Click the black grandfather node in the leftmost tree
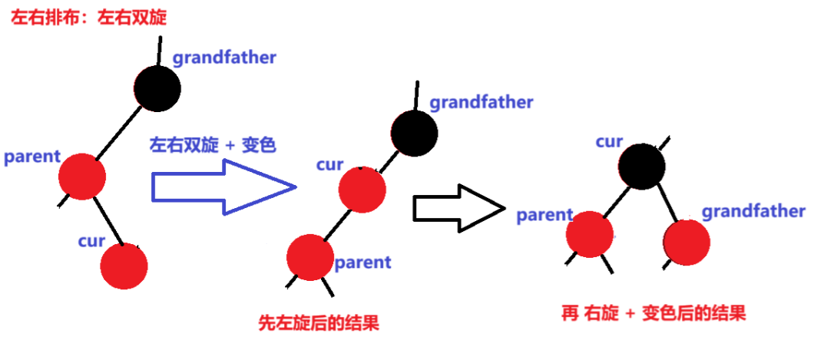pyautogui.click(x=157, y=88)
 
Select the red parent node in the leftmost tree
pyautogui.click(x=81, y=176)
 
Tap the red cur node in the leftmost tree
pyautogui.click(x=124, y=266)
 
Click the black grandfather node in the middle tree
pyautogui.click(x=414, y=133)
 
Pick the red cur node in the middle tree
pyautogui.click(x=362, y=189)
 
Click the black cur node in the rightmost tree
pyautogui.click(x=641, y=165)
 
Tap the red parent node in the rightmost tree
pyautogui.click(x=590, y=233)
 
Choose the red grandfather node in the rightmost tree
pyautogui.click(x=687, y=242)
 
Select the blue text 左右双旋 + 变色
pyautogui.click(x=213, y=145)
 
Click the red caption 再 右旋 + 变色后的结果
pyautogui.click(x=654, y=312)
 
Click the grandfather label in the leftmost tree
pyautogui.click(x=224, y=58)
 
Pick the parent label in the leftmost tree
pyautogui.click(x=31, y=157)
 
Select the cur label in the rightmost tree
pyautogui.click(x=609, y=141)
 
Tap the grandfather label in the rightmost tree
pyautogui.click(x=753, y=211)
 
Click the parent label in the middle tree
pyautogui.click(x=362, y=263)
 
